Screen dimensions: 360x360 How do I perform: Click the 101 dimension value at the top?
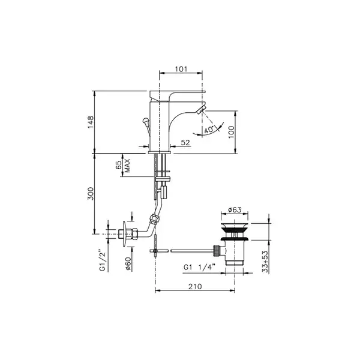(181, 69)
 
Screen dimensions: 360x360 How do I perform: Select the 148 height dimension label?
(91, 122)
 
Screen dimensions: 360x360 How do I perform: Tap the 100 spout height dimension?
(232, 132)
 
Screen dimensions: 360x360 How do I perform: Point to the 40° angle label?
(209, 130)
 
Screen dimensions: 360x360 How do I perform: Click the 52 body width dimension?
(185, 143)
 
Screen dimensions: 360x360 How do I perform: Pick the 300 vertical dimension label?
(91, 194)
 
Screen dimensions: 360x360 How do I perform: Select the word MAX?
(127, 166)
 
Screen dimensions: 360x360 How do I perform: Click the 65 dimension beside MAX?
(119, 165)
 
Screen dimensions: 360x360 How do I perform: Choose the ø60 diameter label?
(128, 264)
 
